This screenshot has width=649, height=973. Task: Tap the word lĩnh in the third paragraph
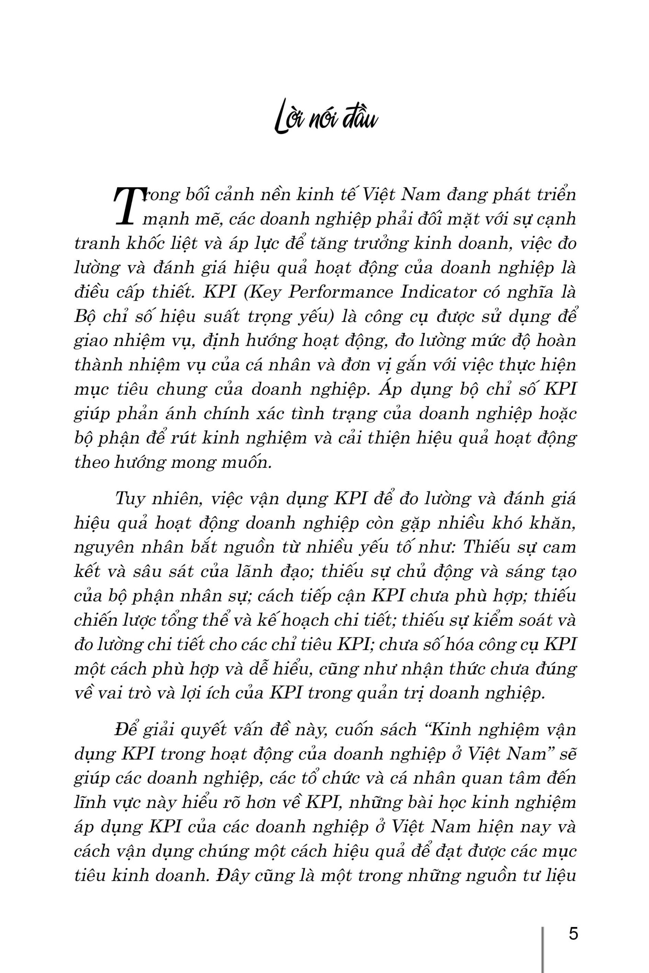click(x=90, y=803)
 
